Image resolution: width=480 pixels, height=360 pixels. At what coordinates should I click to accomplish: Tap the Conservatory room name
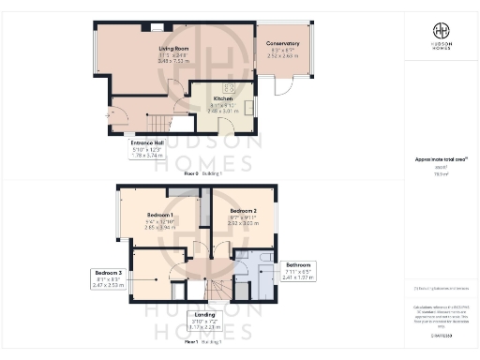click(282, 43)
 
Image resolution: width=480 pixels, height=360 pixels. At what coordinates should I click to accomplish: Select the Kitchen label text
click(222, 98)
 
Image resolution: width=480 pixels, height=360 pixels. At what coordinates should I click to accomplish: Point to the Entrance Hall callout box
click(142, 148)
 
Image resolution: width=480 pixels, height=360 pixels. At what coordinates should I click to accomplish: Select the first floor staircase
click(217, 288)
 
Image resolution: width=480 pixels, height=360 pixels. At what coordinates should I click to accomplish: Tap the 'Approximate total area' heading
click(440, 160)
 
